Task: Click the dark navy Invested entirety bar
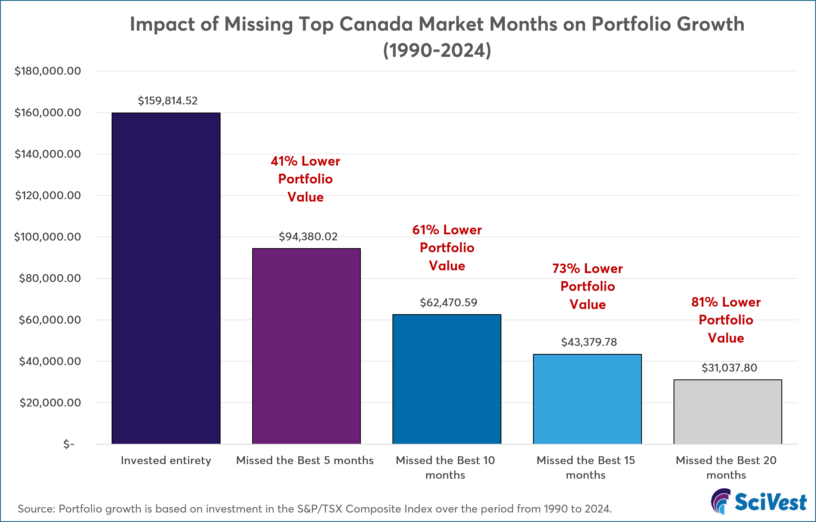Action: [166, 278]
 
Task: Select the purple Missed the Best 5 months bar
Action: [306, 346]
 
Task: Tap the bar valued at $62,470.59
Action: [447, 379]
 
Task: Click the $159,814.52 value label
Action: [167, 101]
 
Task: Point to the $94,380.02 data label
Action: [308, 237]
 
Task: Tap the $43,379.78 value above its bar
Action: [589, 342]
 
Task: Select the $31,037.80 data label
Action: [729, 368]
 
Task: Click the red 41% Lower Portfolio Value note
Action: [305, 179]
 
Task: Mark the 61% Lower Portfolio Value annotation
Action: [447, 248]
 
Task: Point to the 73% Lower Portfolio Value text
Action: [588, 287]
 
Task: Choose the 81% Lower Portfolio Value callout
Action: [726, 320]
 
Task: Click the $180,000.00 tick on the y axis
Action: [48, 71]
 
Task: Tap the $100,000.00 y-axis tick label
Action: [48, 237]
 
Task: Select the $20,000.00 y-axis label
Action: [50, 403]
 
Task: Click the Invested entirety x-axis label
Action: [166, 460]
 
